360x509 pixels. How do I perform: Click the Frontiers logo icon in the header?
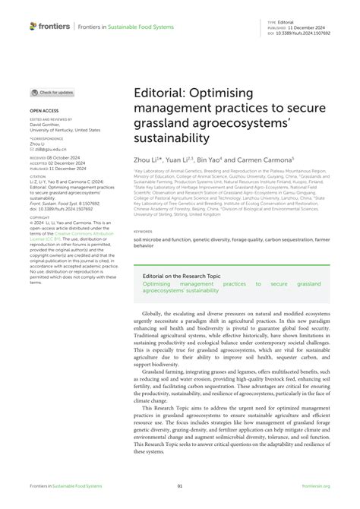[x=33, y=26]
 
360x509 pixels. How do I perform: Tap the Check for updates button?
[x=52, y=93]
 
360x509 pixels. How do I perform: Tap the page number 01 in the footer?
[x=180, y=486]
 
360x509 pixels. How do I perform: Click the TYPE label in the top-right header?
[x=270, y=23]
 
